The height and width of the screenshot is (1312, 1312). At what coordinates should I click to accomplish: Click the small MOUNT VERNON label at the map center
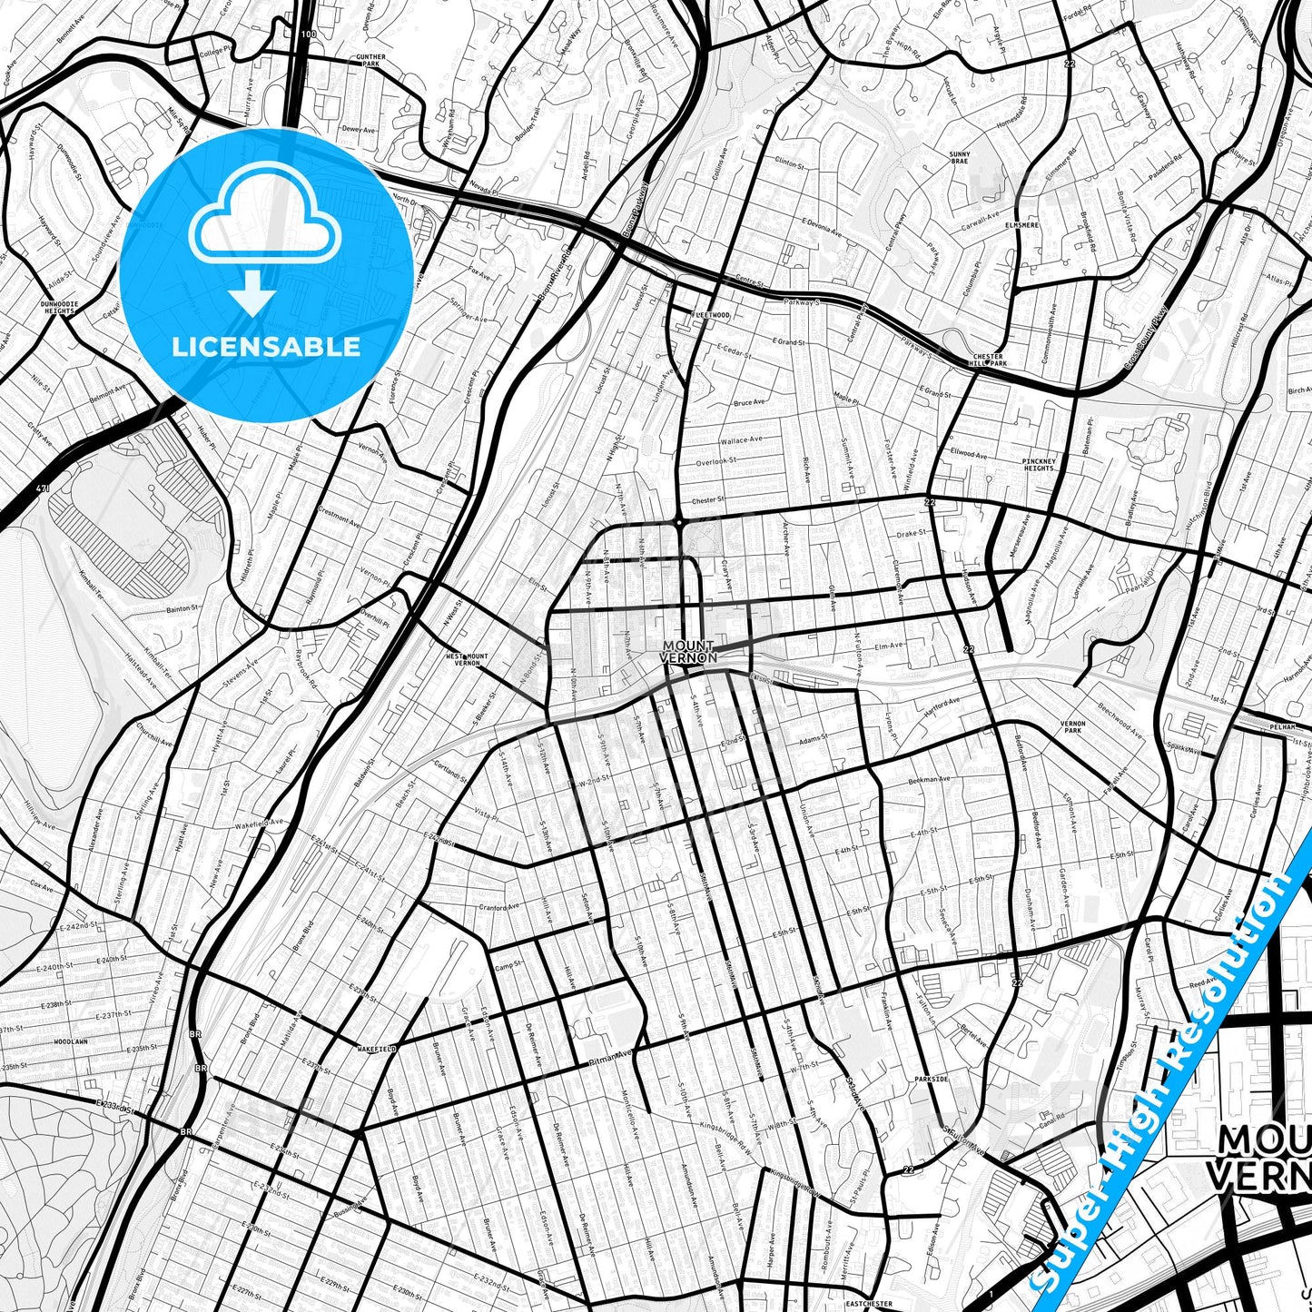click(x=689, y=652)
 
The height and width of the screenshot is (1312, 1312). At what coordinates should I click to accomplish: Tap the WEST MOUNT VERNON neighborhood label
click(x=467, y=659)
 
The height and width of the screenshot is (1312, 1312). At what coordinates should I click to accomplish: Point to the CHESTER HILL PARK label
click(x=989, y=360)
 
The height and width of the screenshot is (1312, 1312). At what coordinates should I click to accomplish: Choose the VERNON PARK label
click(x=1073, y=726)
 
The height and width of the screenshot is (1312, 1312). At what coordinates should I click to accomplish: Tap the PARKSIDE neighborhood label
click(x=932, y=1080)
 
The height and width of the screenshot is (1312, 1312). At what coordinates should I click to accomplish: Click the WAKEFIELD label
click(x=376, y=1049)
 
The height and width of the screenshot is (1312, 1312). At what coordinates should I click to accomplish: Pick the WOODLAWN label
click(x=70, y=1041)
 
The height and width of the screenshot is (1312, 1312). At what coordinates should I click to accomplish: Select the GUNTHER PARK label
click(x=370, y=61)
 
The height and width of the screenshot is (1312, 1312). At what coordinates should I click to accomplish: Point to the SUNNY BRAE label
click(x=960, y=158)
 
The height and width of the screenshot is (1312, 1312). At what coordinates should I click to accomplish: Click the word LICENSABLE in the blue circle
click(x=266, y=346)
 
